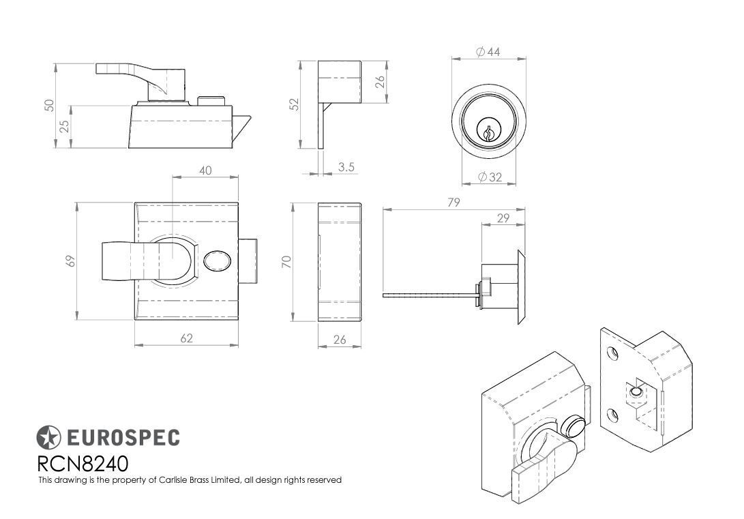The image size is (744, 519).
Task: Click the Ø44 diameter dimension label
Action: tap(488, 52)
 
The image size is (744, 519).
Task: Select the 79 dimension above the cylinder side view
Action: tap(453, 202)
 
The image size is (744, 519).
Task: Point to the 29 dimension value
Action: tap(503, 218)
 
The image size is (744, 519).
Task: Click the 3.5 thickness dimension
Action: tap(346, 166)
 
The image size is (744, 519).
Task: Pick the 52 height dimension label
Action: tap(294, 104)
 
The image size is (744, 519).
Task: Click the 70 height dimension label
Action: tap(287, 261)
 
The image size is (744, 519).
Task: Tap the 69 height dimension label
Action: tap(71, 261)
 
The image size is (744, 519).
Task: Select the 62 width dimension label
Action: tap(186, 338)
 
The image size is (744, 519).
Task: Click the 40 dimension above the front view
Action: tap(205, 170)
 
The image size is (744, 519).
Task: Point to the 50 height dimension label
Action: tap(49, 105)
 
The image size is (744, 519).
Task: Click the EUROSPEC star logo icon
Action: tap(48, 436)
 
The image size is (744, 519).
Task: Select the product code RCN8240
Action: tap(83, 464)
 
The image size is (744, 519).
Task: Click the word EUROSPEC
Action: tap(123, 437)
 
